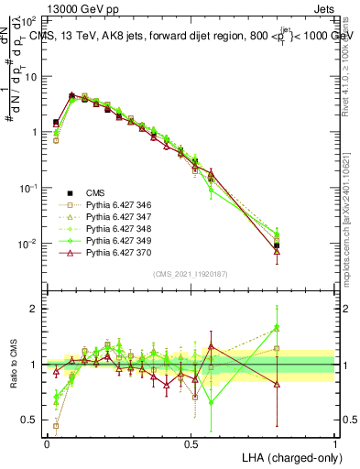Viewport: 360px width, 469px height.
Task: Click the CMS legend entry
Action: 94,192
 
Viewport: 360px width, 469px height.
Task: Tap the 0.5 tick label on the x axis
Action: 191,443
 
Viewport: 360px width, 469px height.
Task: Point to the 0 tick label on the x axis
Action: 47,443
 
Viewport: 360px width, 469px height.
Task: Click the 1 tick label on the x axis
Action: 334,443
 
